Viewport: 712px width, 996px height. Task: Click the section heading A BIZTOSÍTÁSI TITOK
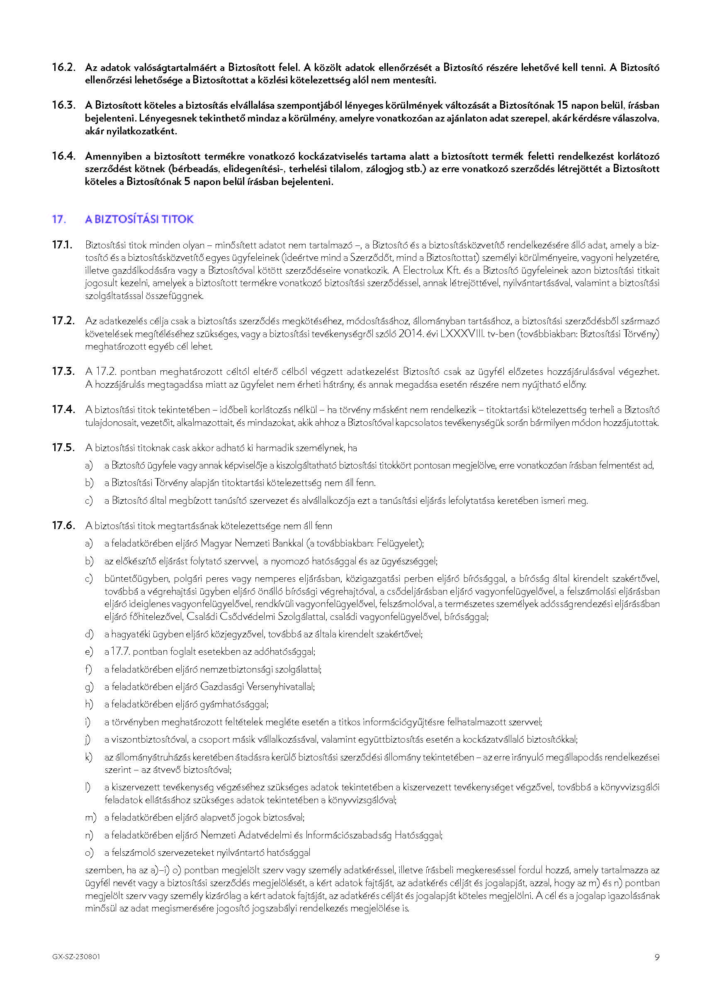tap(139, 219)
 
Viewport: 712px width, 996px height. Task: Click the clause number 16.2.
tap(63, 68)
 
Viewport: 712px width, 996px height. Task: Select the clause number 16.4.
tap(63, 156)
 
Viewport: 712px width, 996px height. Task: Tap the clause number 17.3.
tap(63, 371)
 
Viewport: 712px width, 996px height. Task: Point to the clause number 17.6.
tap(63, 525)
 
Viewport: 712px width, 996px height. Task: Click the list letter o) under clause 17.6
tap(90, 852)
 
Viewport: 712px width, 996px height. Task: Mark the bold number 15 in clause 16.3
tap(562, 105)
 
